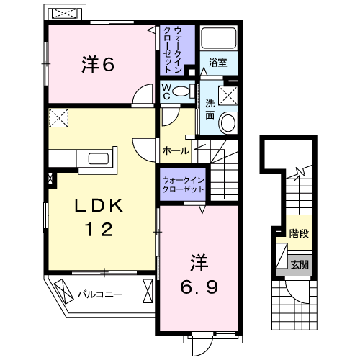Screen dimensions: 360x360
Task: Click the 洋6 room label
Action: pos(98,64)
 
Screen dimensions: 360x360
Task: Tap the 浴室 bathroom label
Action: pos(217,63)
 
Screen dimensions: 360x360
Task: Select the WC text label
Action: pos(165,91)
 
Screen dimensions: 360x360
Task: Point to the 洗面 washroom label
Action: pos(210,108)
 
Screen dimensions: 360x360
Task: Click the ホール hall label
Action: pos(176,151)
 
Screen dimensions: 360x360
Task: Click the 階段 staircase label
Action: pos(300,233)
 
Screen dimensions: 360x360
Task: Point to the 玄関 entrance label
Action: pos(300,264)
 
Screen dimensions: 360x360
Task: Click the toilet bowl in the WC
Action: pos(183,91)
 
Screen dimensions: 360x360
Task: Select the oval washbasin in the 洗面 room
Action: pos(229,122)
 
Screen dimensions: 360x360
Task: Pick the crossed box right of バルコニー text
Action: pos(148,292)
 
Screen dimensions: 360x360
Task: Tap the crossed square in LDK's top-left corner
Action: pos(58,117)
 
